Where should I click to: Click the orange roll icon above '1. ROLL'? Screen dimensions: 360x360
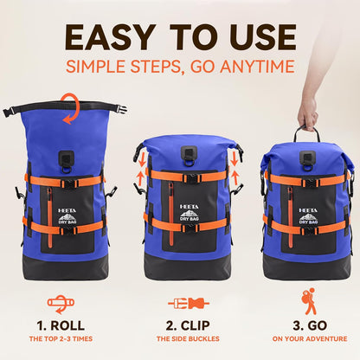point(61,304)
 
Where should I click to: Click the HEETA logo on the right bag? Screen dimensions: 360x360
point(308,209)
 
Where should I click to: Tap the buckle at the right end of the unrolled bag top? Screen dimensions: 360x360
point(122,110)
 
